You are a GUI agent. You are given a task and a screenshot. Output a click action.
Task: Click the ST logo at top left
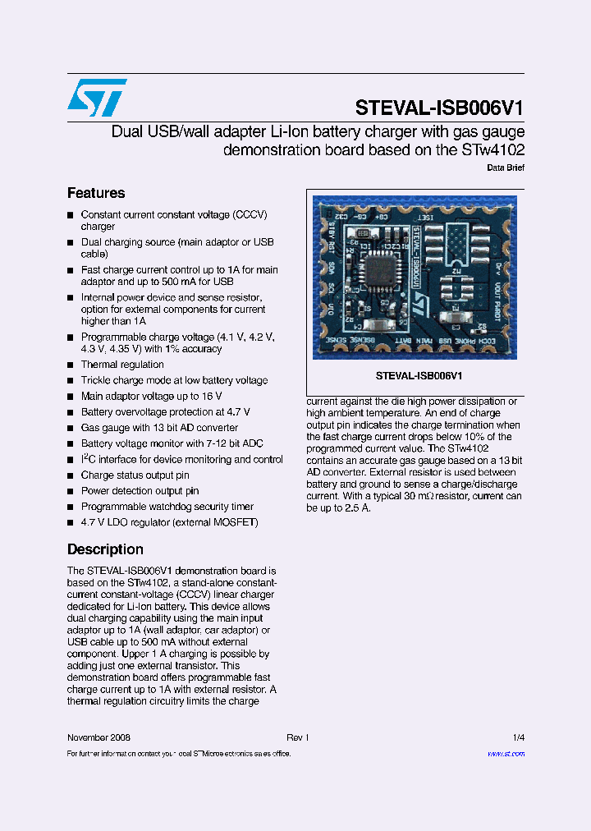[97, 98]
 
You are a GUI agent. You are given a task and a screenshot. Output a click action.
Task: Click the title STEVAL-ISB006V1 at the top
[439, 108]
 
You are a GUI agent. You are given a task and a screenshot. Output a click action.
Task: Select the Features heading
[96, 193]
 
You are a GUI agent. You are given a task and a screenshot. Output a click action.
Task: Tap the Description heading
[105, 549]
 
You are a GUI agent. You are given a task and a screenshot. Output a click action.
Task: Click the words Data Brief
[506, 168]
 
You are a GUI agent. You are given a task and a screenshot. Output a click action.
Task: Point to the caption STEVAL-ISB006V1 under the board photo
[419, 375]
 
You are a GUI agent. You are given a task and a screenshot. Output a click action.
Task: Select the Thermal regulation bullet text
[122, 365]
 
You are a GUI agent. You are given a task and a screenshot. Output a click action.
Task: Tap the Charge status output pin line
[135, 475]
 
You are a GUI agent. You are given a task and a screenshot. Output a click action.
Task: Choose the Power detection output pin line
[140, 491]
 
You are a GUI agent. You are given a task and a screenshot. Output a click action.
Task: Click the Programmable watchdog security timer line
[167, 507]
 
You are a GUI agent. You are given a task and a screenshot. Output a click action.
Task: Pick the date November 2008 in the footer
[98, 737]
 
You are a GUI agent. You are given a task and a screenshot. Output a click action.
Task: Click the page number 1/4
[518, 737]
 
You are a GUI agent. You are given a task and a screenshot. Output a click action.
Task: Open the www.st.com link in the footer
[506, 753]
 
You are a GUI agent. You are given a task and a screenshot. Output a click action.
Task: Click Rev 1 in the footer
[297, 737]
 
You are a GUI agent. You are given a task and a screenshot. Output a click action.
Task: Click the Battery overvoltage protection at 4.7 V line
[166, 412]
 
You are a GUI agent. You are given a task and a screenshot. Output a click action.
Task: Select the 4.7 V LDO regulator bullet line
[169, 522]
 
